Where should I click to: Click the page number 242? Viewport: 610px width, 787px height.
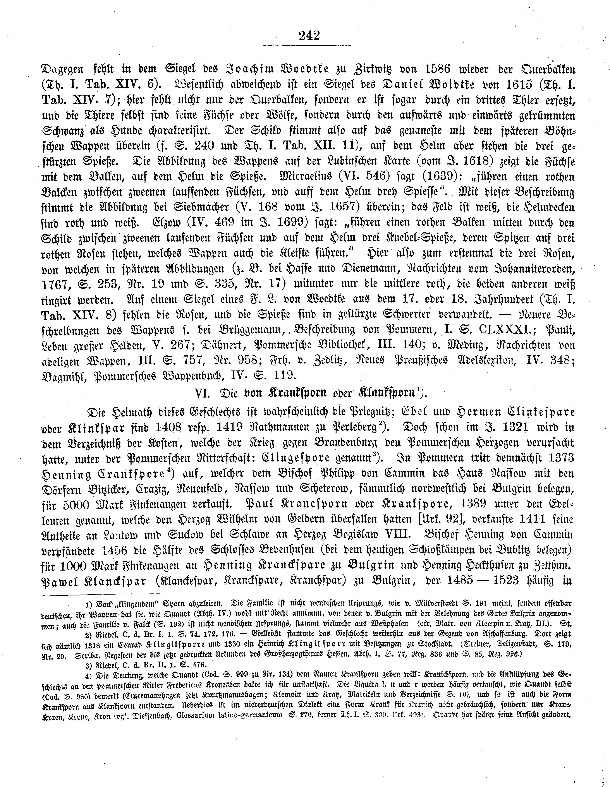[x=309, y=36]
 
